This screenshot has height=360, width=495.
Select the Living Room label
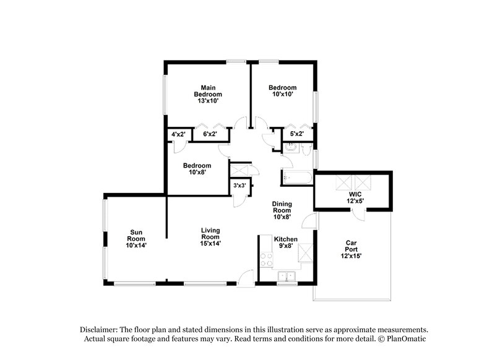(x=210, y=238)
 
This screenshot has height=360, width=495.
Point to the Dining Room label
(x=282, y=210)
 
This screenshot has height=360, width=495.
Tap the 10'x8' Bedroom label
(x=197, y=169)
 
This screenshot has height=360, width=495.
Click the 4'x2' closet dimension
(x=179, y=134)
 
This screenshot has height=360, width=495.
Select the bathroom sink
(x=290, y=147)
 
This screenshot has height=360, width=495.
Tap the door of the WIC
(x=358, y=214)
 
